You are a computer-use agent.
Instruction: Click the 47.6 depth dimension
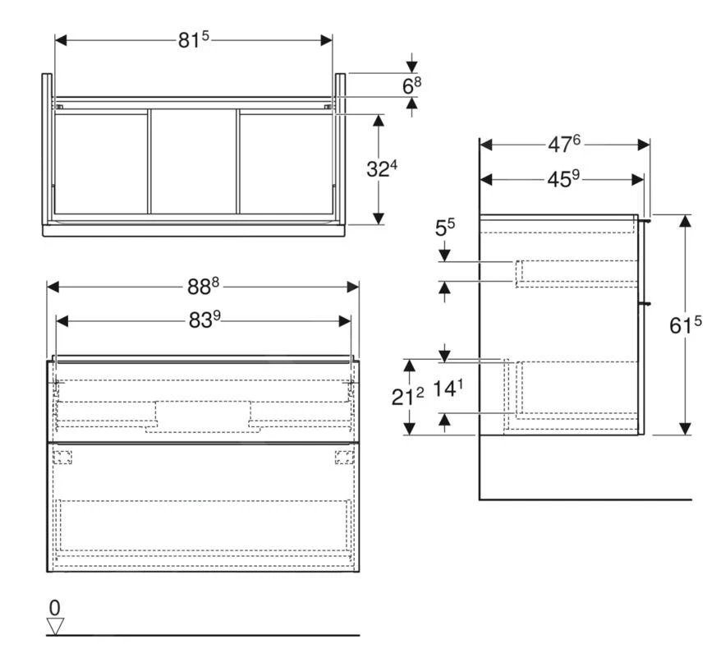[x=564, y=144]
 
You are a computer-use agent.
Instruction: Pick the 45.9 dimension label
[x=564, y=178]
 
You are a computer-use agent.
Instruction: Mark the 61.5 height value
[x=686, y=325]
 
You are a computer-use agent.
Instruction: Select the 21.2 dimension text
[x=408, y=396]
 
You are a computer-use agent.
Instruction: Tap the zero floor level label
[x=55, y=608]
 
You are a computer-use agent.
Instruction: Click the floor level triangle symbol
[x=55, y=626]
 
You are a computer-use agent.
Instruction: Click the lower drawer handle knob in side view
[x=647, y=302]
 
